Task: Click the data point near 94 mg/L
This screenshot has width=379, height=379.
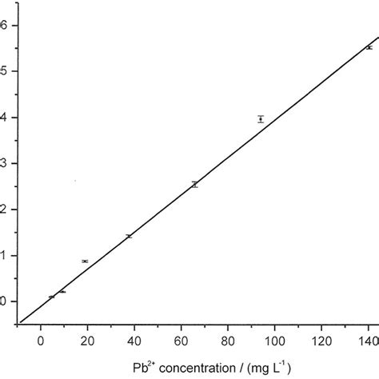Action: click(261, 119)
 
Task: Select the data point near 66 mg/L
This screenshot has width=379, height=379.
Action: click(194, 184)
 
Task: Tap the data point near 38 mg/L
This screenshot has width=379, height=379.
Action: click(129, 236)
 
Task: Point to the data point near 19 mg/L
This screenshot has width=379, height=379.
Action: click(85, 261)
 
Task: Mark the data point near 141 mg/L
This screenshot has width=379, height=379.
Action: click(369, 48)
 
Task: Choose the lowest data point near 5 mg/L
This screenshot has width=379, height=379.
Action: click(52, 297)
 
